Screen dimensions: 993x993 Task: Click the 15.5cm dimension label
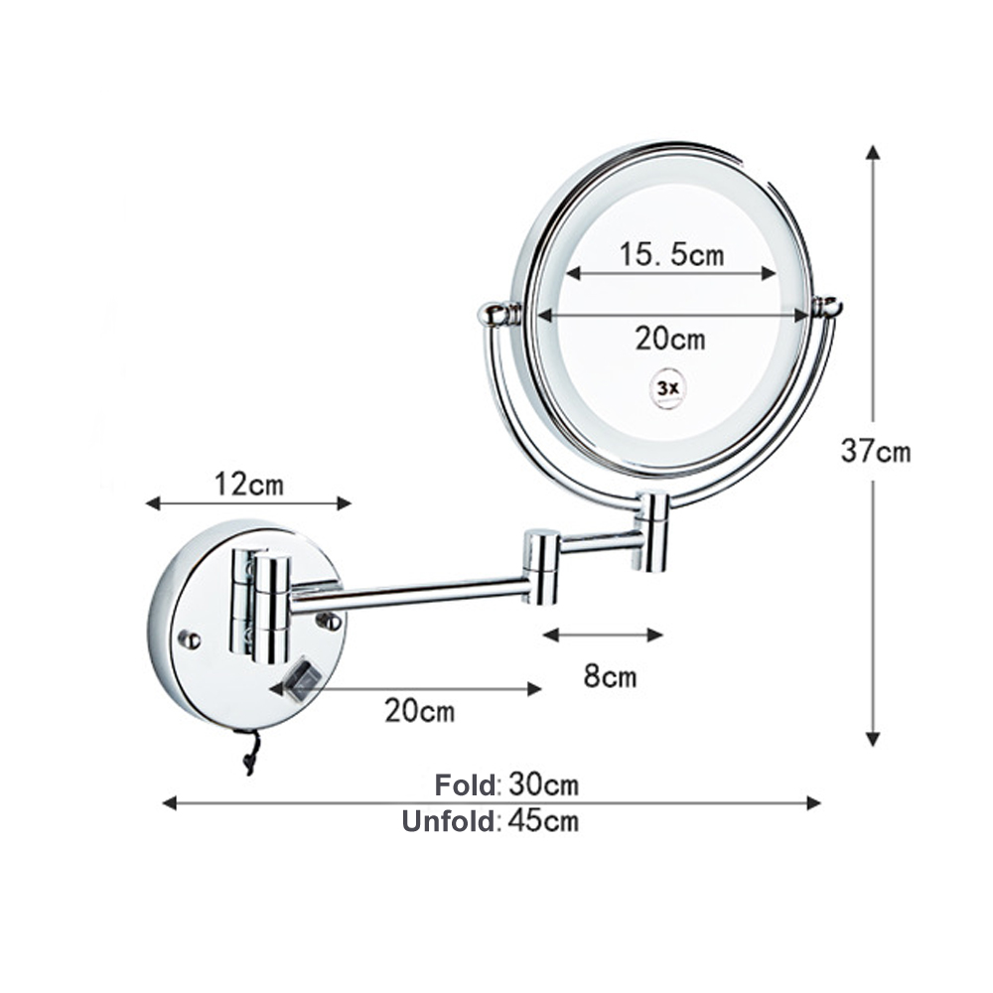tap(672, 255)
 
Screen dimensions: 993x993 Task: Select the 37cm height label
tap(875, 451)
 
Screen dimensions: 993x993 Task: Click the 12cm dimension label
tap(248, 485)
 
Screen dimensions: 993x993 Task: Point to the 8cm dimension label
tap(609, 678)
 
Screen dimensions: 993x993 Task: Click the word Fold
tap(465, 785)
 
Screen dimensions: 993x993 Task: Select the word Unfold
tap(448, 821)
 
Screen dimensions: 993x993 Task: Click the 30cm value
tap(543, 785)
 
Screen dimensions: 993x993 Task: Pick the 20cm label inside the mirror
tap(670, 339)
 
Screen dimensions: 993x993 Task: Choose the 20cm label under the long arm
tap(419, 711)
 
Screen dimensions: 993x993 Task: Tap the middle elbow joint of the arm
tap(542, 566)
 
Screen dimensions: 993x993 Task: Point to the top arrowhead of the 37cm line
tap(873, 153)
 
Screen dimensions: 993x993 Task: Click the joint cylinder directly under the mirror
tap(651, 531)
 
